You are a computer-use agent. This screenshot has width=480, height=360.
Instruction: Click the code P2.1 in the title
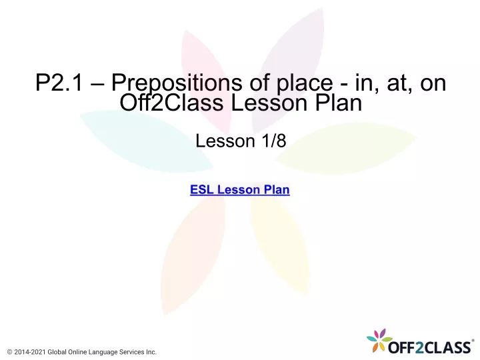point(59,83)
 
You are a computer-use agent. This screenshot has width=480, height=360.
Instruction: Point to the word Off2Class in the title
point(171,103)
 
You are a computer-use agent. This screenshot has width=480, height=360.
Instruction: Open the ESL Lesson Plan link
point(240,190)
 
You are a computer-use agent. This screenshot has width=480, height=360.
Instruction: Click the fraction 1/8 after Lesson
point(274,141)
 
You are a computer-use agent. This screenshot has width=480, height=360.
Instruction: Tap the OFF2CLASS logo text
point(429,347)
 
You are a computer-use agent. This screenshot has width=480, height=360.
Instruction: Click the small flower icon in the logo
point(379,340)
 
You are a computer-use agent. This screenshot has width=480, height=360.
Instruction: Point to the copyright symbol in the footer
point(10,352)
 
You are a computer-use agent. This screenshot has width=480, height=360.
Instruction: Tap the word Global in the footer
point(57,352)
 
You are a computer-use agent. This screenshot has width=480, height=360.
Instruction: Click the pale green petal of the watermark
point(346,149)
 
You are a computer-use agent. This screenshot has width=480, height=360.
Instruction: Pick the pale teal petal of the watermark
point(146,141)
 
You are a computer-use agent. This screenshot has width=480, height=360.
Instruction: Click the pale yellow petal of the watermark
point(279,245)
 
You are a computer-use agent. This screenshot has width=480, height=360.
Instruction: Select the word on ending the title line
point(433,83)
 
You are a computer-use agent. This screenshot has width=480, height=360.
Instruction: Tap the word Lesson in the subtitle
point(225,141)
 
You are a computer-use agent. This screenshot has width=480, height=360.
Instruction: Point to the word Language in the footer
point(103,353)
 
